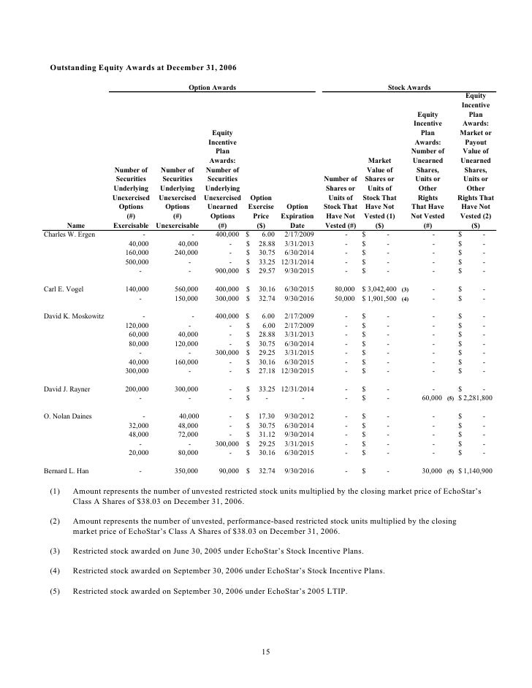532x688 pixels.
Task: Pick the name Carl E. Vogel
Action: point(64,289)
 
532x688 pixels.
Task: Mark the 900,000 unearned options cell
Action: point(218,270)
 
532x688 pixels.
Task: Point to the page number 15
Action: point(266,651)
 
